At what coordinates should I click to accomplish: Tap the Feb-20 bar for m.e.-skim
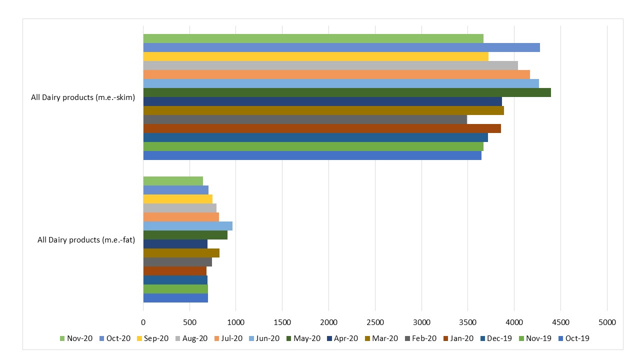(305, 119)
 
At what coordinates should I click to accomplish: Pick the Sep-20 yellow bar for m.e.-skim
(315, 56)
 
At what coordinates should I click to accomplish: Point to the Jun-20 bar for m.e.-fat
(187, 226)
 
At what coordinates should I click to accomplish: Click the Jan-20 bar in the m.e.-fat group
(174, 271)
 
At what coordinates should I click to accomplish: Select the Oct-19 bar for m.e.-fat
(175, 298)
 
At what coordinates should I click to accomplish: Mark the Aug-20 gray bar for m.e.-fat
(179, 208)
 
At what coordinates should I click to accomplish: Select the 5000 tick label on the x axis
(607, 322)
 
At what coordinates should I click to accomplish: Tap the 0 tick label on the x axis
(143, 322)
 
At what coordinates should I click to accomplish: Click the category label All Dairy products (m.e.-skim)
(83, 97)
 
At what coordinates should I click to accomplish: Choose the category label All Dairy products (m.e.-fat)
(86, 240)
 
